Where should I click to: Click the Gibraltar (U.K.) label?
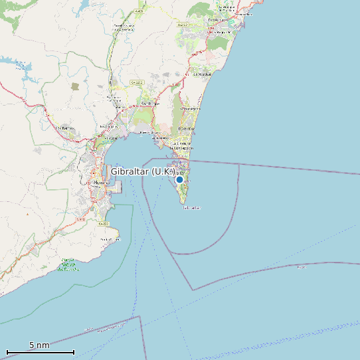(142, 171)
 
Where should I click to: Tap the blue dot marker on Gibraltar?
(179, 179)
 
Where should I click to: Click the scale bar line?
(40, 352)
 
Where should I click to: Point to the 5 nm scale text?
(39, 345)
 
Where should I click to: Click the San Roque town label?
(149, 104)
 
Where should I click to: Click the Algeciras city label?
(102, 182)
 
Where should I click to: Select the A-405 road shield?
(137, 12)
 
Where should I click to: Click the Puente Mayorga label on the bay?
(151, 132)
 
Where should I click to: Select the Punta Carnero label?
(109, 239)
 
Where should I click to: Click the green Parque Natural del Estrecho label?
(70, 264)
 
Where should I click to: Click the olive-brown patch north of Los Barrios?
(75, 86)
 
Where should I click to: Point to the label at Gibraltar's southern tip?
(191, 208)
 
